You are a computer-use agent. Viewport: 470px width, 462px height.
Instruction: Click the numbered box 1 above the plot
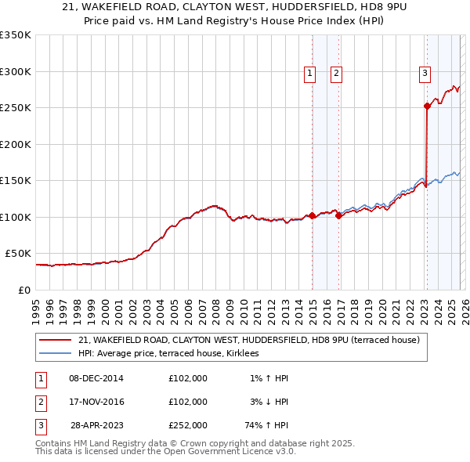pyautogui.click(x=309, y=74)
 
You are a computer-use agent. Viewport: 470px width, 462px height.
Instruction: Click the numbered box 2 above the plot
pyautogui.click(x=336, y=74)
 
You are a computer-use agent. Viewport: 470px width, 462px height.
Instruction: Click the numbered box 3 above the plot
pyautogui.click(x=425, y=74)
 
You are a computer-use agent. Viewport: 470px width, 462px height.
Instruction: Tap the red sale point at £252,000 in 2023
pyautogui.click(x=427, y=106)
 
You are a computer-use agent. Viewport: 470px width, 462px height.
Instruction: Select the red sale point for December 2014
pyautogui.click(x=312, y=215)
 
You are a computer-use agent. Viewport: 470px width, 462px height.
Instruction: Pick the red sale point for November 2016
pyautogui.click(x=338, y=215)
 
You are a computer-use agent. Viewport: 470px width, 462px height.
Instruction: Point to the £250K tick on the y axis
pyautogui.click(x=16, y=107)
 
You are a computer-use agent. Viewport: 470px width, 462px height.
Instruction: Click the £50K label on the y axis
pyautogui.click(x=18, y=254)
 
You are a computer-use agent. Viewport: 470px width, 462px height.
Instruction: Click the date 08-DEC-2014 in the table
pyautogui.click(x=96, y=378)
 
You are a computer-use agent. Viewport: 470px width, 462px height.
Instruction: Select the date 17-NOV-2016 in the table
pyautogui.click(x=96, y=402)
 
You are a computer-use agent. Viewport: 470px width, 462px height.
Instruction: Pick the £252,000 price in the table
pyautogui.click(x=188, y=425)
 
